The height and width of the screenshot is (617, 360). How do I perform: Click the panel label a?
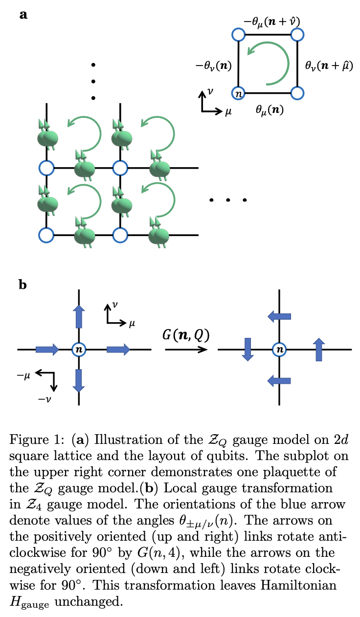(23, 15)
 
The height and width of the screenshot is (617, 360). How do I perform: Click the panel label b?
(22, 285)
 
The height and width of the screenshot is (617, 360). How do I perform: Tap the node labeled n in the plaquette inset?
(238, 93)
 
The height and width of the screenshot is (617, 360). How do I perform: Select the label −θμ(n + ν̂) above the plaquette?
(272, 21)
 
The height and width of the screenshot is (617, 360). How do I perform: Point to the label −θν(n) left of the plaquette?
(211, 65)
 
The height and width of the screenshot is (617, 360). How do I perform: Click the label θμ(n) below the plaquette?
(270, 110)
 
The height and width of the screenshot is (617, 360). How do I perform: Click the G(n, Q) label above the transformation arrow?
(186, 335)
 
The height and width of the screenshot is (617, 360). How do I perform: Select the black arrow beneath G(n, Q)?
(186, 350)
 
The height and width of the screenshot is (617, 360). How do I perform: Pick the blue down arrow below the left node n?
(78, 379)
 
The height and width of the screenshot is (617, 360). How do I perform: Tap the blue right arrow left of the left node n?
(47, 349)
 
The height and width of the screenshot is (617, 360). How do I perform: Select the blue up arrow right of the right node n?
(319, 349)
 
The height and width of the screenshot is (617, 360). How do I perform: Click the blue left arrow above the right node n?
(279, 317)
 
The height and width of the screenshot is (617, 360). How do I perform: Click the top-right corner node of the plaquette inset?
(297, 34)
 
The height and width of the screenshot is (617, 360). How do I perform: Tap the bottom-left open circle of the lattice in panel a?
(46, 235)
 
